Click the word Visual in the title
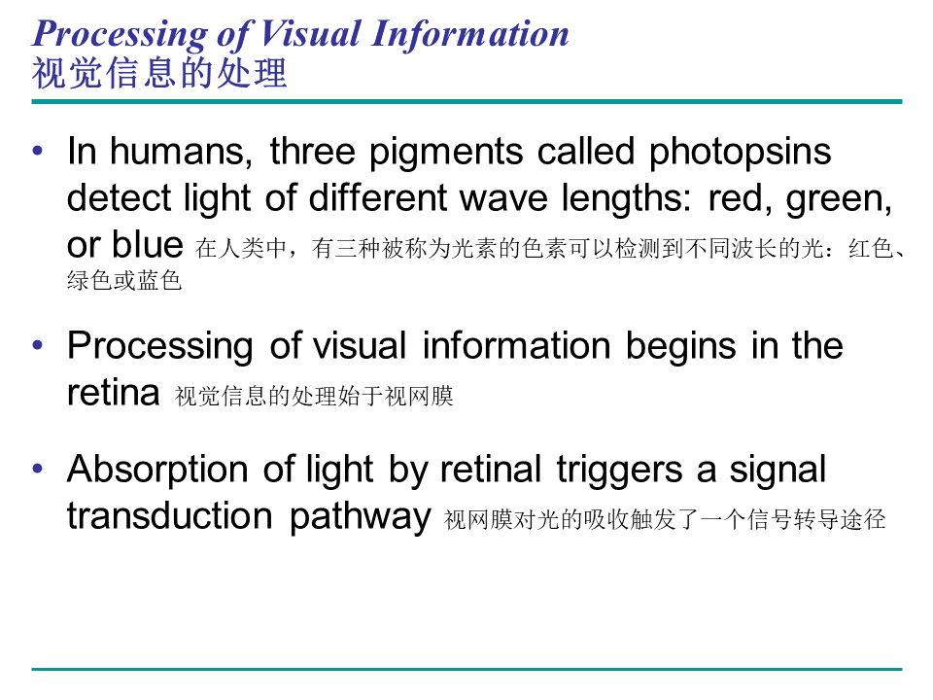click(x=310, y=33)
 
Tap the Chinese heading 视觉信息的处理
click(x=158, y=73)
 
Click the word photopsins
click(x=740, y=153)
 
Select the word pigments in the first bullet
click(x=446, y=153)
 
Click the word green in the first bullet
click(x=838, y=199)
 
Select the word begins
click(x=680, y=346)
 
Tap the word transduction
click(x=169, y=515)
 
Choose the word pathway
click(x=360, y=516)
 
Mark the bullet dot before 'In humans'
click(x=38, y=151)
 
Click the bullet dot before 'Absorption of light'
click(x=38, y=469)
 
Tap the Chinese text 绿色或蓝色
click(x=123, y=280)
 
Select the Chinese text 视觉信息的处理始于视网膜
click(x=314, y=396)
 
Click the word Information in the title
click(x=469, y=33)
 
